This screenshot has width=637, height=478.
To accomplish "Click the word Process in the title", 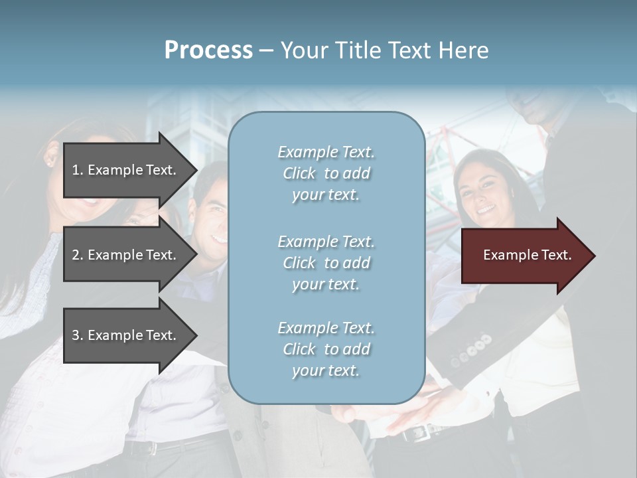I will tap(208, 50).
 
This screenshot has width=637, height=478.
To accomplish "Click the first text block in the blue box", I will tap(326, 173).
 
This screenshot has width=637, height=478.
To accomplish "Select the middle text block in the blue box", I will tap(326, 263).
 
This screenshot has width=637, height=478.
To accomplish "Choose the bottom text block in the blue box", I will tap(326, 349).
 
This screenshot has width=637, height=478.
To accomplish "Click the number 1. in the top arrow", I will tap(78, 170).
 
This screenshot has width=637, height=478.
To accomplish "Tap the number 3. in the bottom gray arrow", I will tap(78, 335).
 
